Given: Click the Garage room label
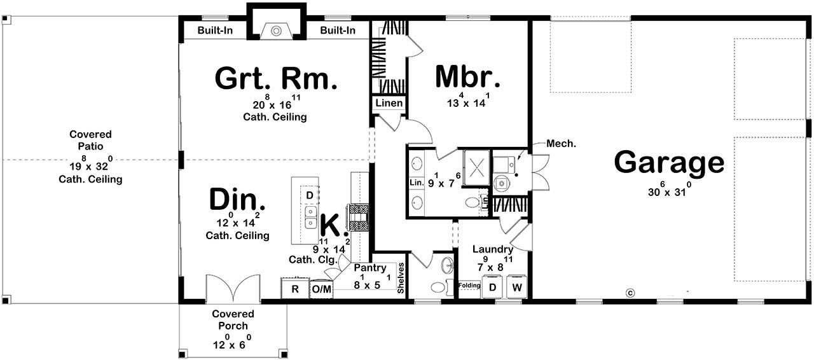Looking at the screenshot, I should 668,163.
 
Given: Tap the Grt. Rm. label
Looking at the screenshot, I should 275,79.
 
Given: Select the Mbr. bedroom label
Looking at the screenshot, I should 467,77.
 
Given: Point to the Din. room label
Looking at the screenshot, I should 237,200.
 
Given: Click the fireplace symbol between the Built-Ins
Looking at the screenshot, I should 276,31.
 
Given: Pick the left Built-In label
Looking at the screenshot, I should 214,31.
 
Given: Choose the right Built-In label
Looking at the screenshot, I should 338,31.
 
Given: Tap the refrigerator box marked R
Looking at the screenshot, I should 294,289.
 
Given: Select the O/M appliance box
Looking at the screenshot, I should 322,289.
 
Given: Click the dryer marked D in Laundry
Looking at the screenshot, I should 492,287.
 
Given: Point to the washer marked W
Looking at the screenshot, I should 517,287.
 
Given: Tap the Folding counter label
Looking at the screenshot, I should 469,286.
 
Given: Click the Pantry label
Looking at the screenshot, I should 371,268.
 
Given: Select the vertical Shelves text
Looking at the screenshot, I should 400,278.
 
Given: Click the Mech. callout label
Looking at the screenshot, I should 561,144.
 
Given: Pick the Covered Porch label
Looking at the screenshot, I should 233,320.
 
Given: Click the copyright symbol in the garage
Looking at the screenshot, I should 630,293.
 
